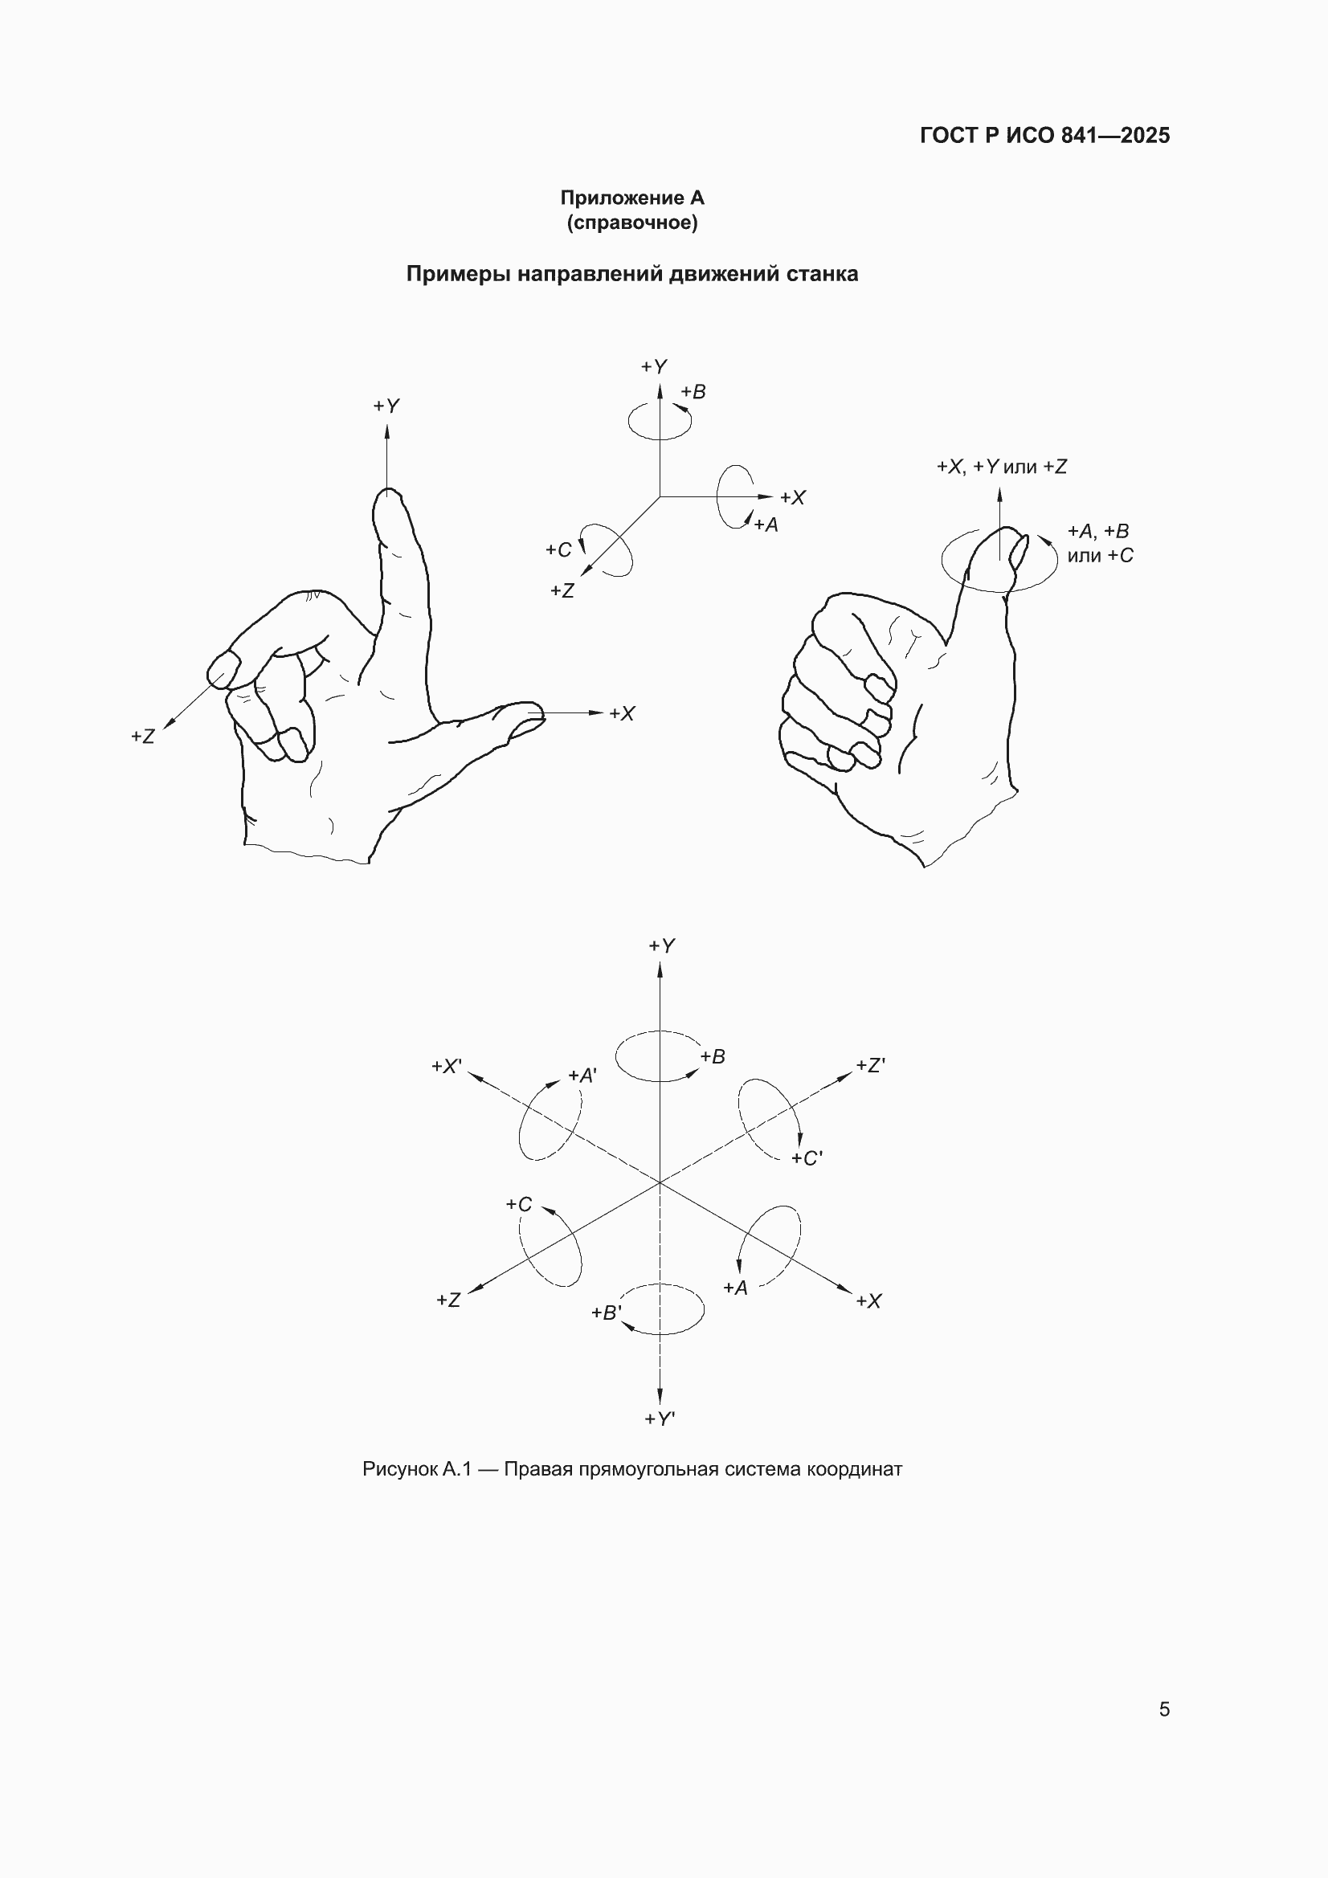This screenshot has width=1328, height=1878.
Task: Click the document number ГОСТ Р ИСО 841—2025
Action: [x=1045, y=136]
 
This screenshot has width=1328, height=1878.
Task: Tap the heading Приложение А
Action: [x=631, y=198]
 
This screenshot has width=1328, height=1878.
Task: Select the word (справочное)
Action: [x=631, y=223]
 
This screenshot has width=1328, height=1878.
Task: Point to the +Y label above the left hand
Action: [x=386, y=406]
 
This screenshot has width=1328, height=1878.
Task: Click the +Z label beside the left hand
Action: [x=142, y=736]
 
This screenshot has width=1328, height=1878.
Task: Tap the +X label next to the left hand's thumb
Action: [x=622, y=714]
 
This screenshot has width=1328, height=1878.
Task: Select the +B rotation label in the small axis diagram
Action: [x=693, y=392]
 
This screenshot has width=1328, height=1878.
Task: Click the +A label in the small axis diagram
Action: [x=766, y=525]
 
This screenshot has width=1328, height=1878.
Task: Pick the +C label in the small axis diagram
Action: [x=559, y=549]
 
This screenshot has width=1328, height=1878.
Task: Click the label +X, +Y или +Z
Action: [x=1002, y=467]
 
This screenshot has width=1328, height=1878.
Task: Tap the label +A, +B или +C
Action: [x=1099, y=543]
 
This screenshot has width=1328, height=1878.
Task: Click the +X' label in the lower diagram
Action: [x=447, y=1067]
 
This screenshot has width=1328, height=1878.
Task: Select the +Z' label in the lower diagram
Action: [x=871, y=1066]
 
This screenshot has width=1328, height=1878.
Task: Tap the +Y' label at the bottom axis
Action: [x=660, y=1419]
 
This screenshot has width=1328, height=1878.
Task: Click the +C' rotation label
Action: [x=807, y=1158]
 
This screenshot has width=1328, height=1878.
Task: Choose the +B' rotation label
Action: [x=607, y=1313]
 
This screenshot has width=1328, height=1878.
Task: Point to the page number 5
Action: [x=1164, y=1709]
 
